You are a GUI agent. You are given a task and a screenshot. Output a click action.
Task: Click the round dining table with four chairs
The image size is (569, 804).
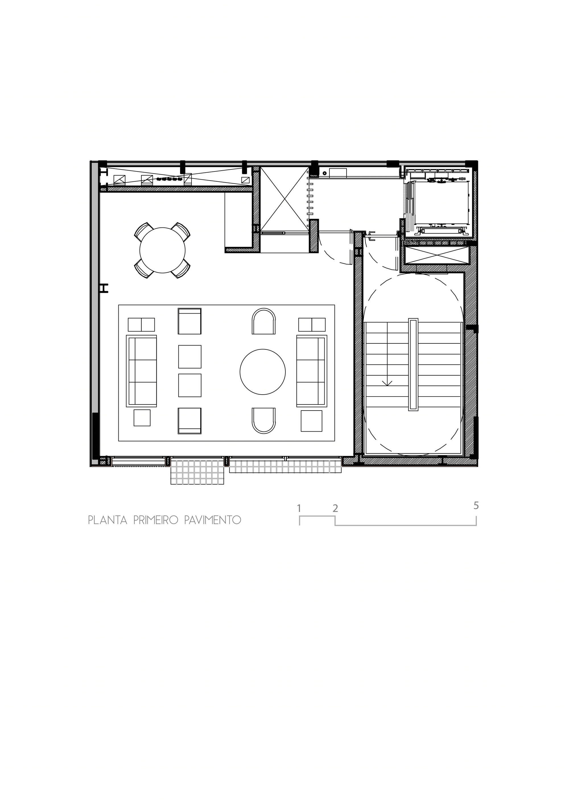pos(162,250)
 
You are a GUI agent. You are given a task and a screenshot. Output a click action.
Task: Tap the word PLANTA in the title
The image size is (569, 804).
pos(108,520)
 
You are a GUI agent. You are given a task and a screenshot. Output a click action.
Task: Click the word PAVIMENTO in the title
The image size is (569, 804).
pos(213,520)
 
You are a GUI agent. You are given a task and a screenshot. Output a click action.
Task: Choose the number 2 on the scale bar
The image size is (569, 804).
pos(335,508)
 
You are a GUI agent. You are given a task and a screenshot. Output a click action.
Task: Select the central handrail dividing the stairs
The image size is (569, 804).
pos(413,364)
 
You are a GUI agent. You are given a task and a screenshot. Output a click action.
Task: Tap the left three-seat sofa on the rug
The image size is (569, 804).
pos(141,371)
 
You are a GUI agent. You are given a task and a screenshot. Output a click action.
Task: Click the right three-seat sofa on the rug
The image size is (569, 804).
pos(312,371)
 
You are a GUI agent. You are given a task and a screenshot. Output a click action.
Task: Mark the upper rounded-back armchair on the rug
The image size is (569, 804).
pos(263,321)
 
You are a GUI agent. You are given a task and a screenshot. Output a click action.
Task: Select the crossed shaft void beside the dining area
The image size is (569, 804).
pos(284,199)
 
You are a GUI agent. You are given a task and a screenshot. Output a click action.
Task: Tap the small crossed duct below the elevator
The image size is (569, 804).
pos(436,255)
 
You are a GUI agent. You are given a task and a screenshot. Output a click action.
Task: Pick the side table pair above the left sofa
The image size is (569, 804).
pos(141,325)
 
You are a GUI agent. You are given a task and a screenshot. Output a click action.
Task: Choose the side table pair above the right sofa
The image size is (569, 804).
pos(312,325)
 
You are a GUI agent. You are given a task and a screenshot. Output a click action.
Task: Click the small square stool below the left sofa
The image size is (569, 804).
pos(142,418)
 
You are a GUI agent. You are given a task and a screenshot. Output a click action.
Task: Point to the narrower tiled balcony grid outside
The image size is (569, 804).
pos(197,472)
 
